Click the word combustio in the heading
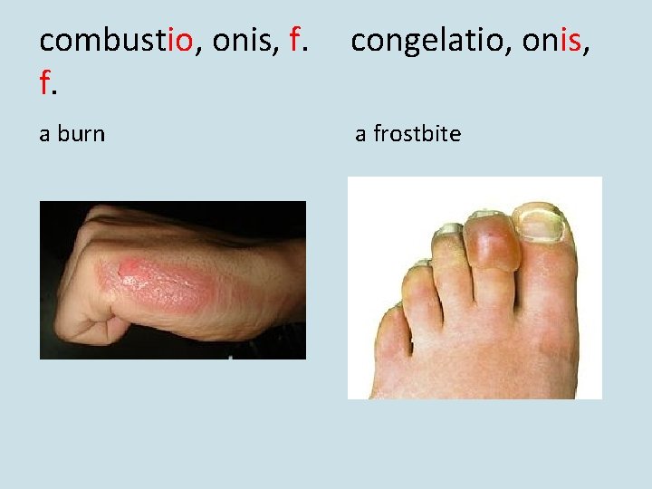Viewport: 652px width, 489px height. [x=117, y=41]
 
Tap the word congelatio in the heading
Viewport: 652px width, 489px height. [x=414, y=41]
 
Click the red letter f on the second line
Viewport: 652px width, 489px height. [x=45, y=83]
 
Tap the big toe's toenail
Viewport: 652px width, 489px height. [x=541, y=223]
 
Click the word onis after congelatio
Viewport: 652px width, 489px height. [x=550, y=41]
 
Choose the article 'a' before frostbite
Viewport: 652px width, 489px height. [x=360, y=134]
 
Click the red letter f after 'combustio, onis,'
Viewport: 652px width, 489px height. [x=295, y=41]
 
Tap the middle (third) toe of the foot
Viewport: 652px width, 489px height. [x=450, y=263]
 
